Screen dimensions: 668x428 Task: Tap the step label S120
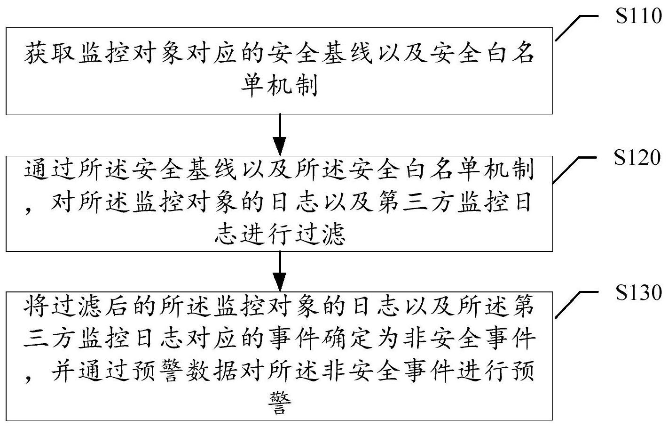tap(637, 157)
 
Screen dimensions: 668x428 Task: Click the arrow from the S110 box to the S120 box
tap(280, 135)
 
